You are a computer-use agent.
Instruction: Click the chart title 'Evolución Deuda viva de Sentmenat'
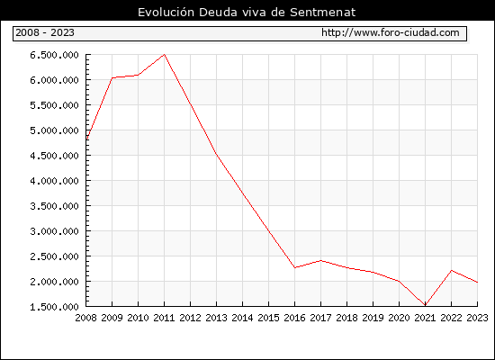247,13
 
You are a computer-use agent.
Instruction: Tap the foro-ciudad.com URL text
391,32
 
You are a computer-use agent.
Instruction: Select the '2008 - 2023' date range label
45,32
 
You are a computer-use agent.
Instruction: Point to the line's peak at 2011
164,55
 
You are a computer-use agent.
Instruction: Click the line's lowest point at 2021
425,305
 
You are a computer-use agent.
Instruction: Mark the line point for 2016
295,267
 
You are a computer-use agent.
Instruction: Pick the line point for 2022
452,270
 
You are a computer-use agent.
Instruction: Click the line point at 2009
112,77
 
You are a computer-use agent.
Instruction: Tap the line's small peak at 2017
320,260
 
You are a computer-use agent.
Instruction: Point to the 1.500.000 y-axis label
54,307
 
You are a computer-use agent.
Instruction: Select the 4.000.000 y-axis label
54,181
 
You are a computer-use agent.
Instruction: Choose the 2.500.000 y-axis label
54,256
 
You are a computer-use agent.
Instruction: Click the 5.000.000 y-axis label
54,130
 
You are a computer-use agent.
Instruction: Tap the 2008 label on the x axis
85,318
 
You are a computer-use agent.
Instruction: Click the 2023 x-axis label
477,318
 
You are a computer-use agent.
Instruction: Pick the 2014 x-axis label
242,318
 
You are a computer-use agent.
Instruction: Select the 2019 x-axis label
373,318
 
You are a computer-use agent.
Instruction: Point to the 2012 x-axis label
191,318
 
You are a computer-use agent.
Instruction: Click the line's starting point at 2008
86,139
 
